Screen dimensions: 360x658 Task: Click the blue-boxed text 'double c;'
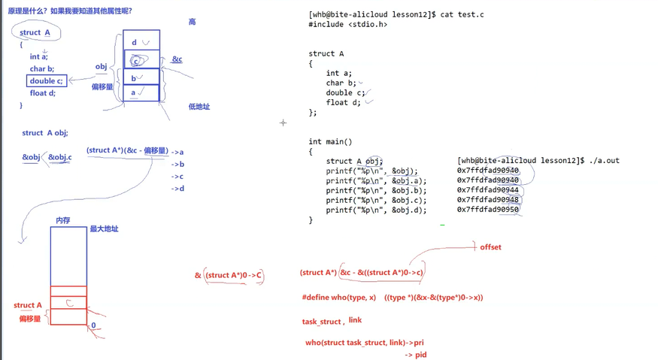point(47,81)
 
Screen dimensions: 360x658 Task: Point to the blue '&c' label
point(177,59)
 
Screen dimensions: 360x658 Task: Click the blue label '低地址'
point(199,107)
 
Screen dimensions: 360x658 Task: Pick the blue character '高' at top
point(192,23)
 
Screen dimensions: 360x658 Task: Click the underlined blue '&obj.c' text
point(60,157)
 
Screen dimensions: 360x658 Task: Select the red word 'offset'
point(490,247)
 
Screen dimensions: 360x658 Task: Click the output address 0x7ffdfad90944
point(488,190)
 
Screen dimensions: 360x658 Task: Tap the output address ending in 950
point(488,210)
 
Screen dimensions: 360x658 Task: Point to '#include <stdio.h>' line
point(347,25)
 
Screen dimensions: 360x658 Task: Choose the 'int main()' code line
point(330,141)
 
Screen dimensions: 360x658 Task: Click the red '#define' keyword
point(319,298)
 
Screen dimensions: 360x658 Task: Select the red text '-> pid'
point(415,354)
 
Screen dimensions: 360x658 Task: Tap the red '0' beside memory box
point(93,325)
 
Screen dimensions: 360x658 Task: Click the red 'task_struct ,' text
point(323,322)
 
